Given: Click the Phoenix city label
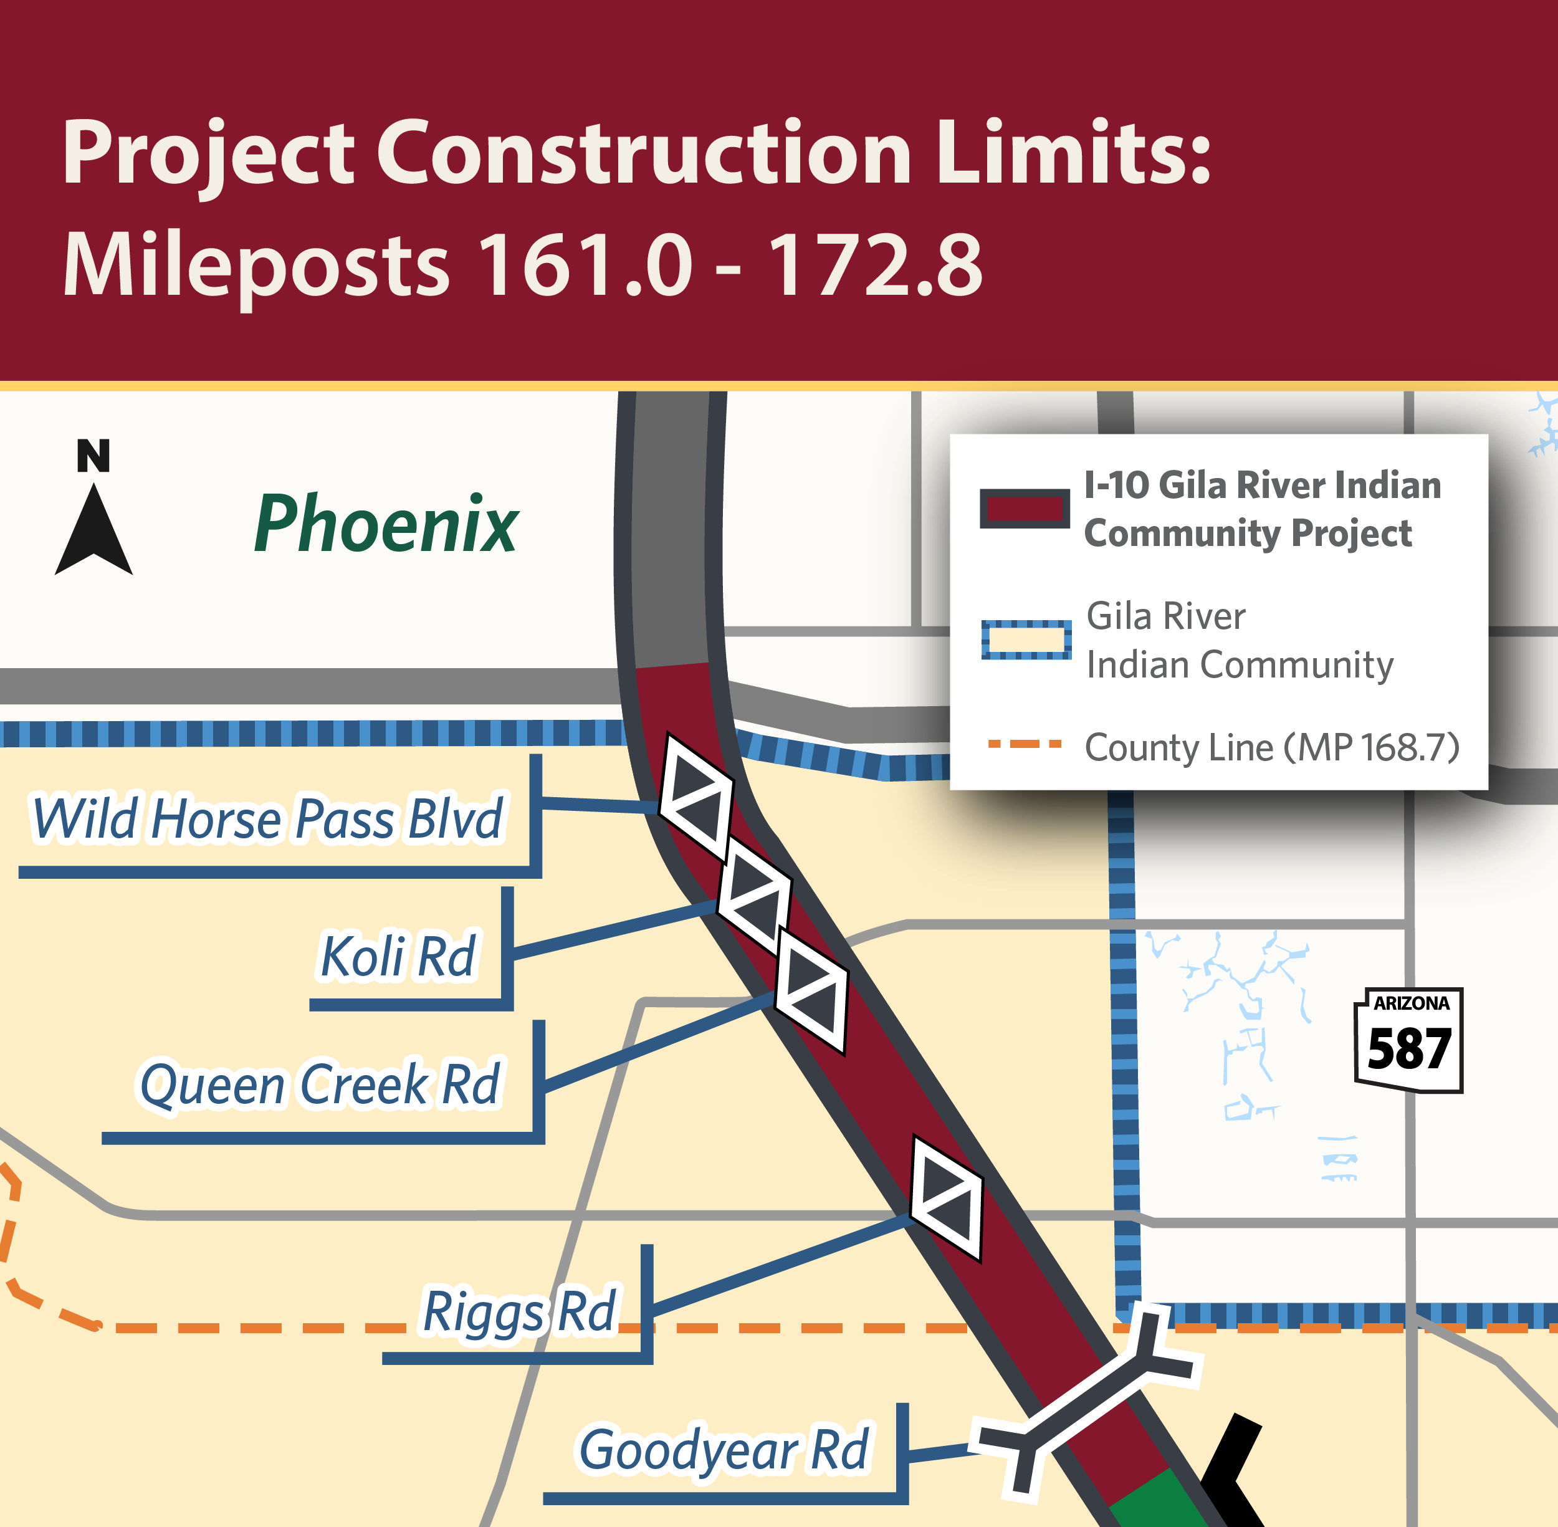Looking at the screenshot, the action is point(386,525).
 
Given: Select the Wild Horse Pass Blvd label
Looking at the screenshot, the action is point(267,818).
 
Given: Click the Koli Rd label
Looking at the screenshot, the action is point(398,956).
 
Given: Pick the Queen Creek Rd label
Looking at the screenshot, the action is point(320,1084).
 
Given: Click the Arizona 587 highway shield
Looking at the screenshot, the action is point(1409,1040).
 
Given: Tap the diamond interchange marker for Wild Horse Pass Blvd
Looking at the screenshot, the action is point(695,797).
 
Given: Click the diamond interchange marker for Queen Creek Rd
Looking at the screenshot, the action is point(811,990).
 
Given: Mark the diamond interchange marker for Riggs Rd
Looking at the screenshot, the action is point(947,1198).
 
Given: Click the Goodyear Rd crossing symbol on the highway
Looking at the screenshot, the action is point(1086,1402).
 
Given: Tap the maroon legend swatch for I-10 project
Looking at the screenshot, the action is point(1024,509).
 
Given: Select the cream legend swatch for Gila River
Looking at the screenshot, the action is point(1026,639).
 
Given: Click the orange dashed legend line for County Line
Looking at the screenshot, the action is point(1024,744).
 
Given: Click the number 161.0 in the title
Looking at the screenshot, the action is point(585,265).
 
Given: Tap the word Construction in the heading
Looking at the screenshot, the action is point(644,152).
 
